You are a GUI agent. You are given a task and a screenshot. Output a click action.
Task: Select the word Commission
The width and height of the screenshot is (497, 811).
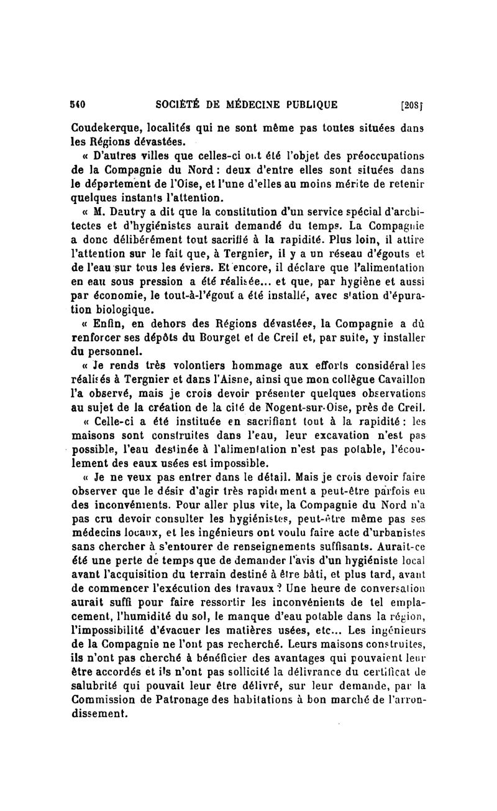104,703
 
